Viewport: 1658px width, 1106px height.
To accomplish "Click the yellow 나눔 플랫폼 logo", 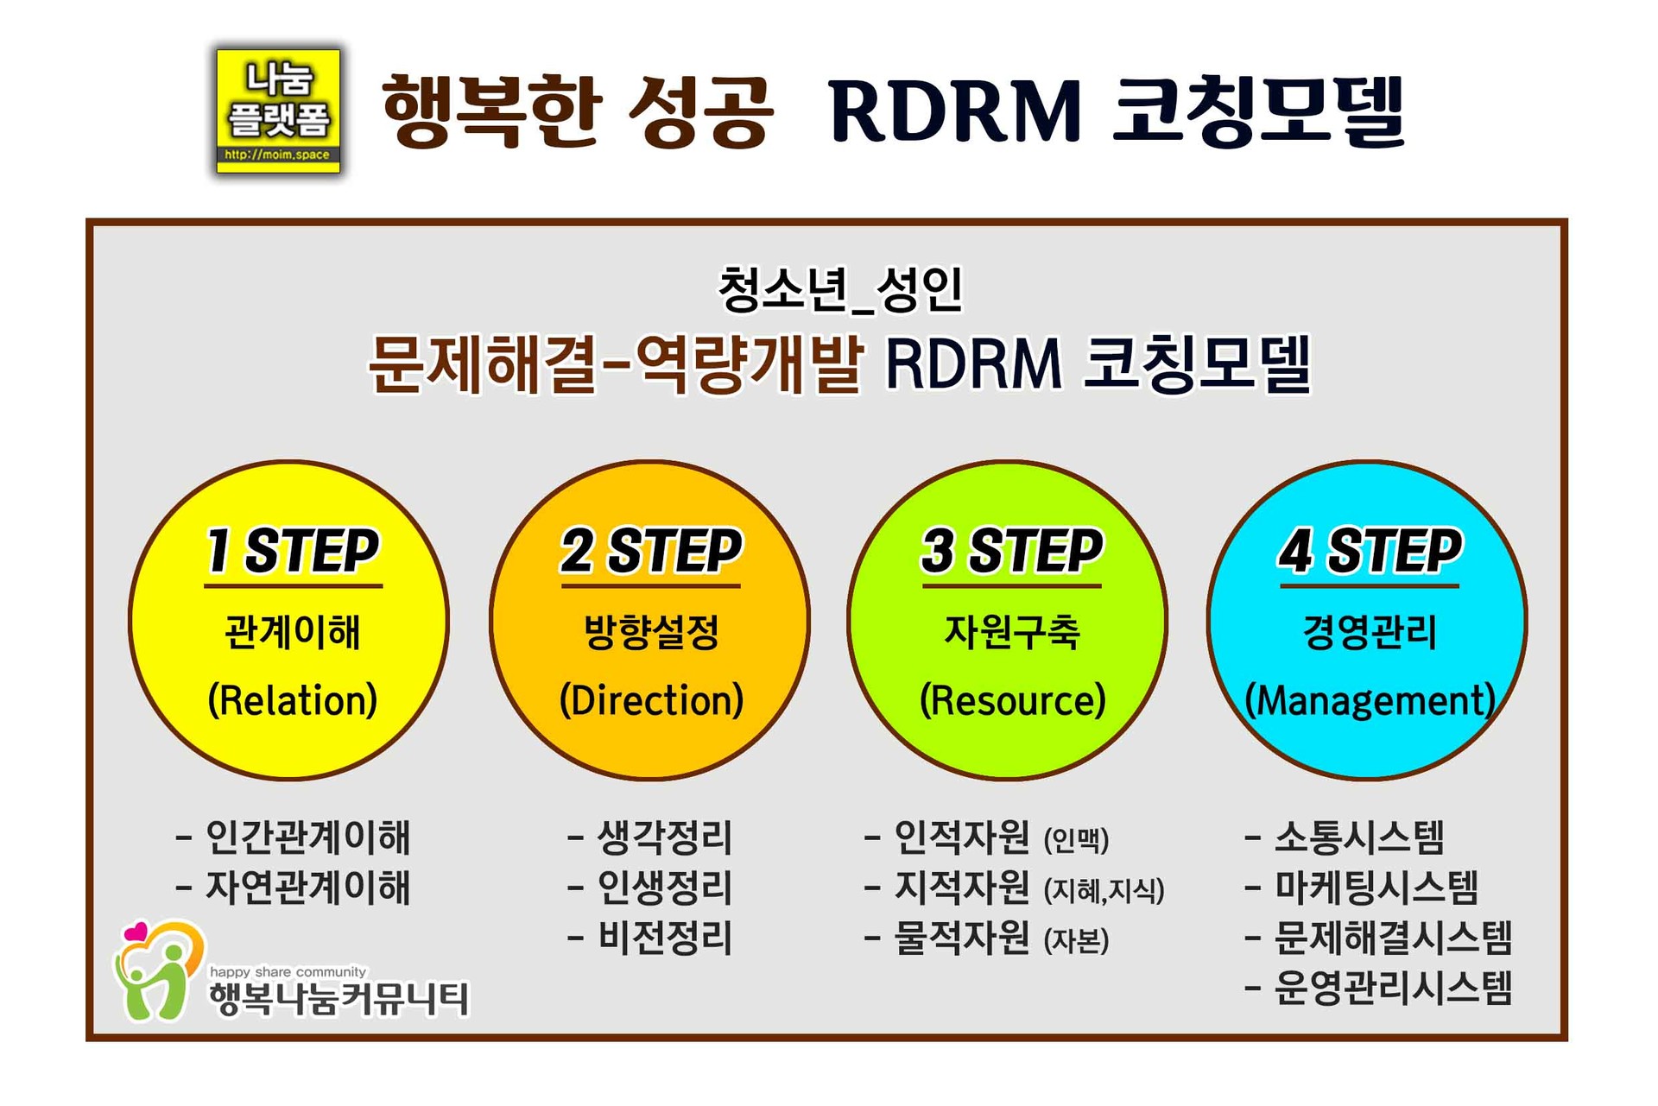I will pyautogui.click(x=278, y=111).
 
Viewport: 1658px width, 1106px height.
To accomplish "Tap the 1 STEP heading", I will pyautogui.click(x=293, y=551).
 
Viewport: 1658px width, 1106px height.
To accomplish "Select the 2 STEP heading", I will pyautogui.click(x=651, y=551).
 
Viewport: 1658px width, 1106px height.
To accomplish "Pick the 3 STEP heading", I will pyautogui.click(x=1012, y=551).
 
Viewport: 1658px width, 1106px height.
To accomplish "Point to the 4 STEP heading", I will pyautogui.click(x=1370, y=551).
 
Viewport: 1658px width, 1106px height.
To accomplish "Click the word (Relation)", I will pyautogui.click(x=293, y=700).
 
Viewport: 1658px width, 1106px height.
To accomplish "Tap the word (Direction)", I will pyautogui.click(x=651, y=700).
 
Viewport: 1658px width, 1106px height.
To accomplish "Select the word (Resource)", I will pyautogui.click(x=1012, y=700).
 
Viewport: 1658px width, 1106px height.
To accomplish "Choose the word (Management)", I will pyautogui.click(x=1370, y=700).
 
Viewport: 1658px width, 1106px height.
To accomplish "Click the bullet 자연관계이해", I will pyautogui.click(x=307, y=888).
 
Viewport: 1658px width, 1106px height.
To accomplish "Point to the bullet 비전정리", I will pyautogui.click(x=665, y=939).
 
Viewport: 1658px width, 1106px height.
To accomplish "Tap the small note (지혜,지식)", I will pyautogui.click(x=1104, y=890).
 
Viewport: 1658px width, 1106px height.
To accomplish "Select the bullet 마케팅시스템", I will pyautogui.click(x=1376, y=888).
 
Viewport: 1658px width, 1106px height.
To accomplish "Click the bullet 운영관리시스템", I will pyautogui.click(x=1393, y=989).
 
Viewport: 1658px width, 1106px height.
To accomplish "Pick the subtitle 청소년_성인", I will pyautogui.click(x=839, y=289).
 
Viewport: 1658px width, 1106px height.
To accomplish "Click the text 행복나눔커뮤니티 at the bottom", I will pyautogui.click(x=339, y=1000).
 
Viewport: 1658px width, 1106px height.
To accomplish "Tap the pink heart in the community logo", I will pyautogui.click(x=136, y=932).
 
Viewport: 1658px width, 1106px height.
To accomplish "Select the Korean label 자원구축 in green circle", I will pyautogui.click(x=1012, y=632).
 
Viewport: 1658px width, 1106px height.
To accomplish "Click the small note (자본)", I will pyautogui.click(x=1076, y=941).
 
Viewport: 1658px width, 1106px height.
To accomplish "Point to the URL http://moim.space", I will pyautogui.click(x=277, y=155).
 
